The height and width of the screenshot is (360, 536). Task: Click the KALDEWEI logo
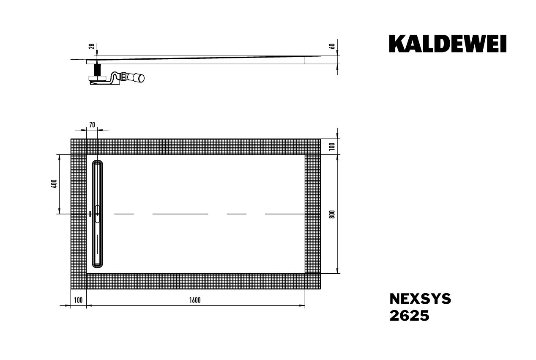(x=448, y=44)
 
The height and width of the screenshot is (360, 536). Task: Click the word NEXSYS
(x=420, y=299)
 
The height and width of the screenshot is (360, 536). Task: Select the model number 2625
(x=409, y=316)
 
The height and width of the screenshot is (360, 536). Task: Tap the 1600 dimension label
(x=195, y=300)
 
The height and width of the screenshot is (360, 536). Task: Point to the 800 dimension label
(x=332, y=214)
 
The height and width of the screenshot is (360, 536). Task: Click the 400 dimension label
(x=54, y=184)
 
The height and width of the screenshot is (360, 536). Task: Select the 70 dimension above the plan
(x=92, y=124)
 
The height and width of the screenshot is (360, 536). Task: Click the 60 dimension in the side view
(x=332, y=46)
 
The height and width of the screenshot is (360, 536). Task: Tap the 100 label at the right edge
(x=332, y=146)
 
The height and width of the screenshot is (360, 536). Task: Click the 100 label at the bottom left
(x=78, y=300)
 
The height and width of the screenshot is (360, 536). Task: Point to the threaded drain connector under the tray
(x=98, y=69)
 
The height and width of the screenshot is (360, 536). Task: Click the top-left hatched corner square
(x=78, y=146)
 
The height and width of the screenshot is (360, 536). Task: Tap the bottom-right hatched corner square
(x=312, y=281)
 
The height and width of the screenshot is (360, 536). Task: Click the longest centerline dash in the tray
(x=180, y=214)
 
